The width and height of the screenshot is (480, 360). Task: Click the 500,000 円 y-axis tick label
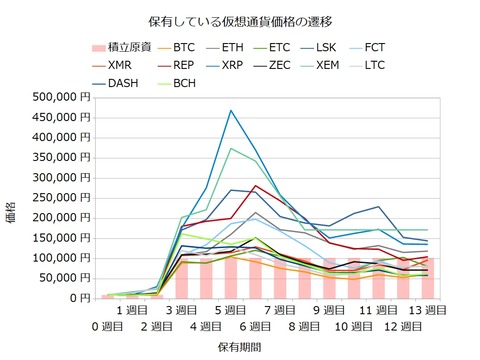(59, 98)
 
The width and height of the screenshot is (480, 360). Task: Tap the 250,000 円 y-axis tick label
(59, 198)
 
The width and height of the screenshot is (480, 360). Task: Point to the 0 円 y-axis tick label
(81, 298)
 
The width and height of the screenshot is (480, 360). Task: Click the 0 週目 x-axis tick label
(108, 327)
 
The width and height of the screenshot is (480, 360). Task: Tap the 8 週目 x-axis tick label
(305, 327)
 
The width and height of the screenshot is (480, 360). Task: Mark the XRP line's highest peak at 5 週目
(231, 110)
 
